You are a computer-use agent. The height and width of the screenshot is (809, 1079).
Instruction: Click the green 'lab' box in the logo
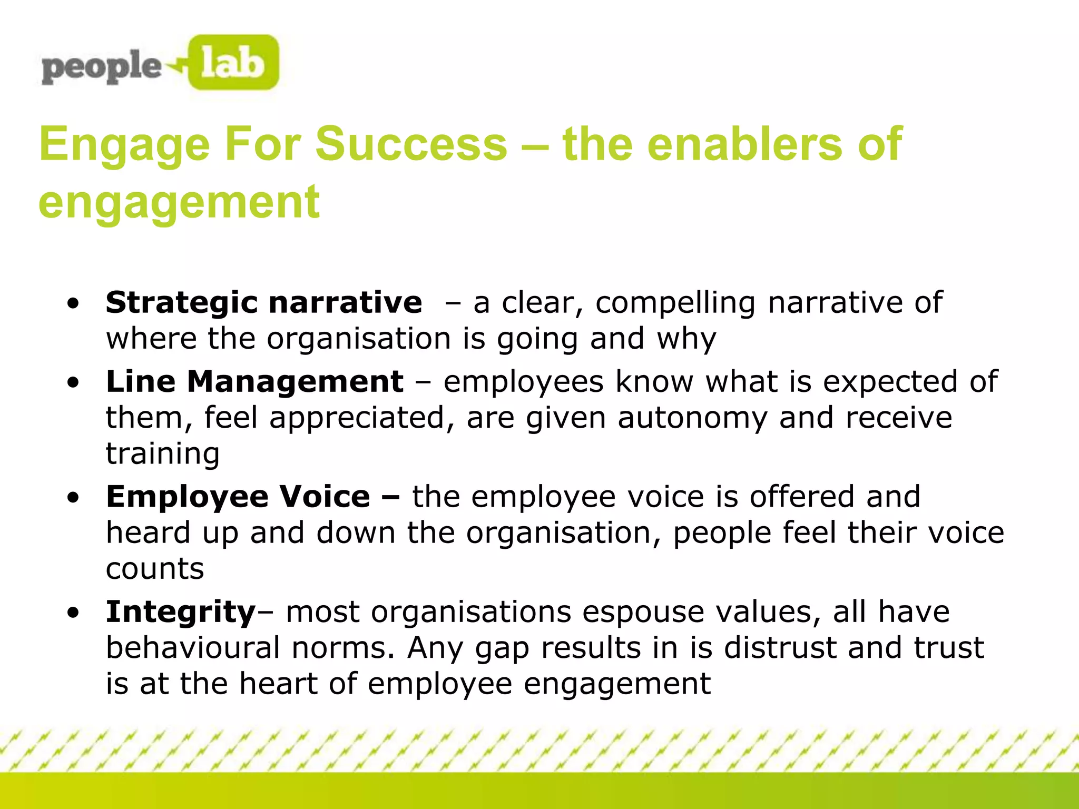[232, 63]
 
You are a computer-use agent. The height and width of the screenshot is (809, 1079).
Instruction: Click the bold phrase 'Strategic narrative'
[263, 303]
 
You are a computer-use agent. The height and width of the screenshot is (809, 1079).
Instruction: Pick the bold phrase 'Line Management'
[254, 381]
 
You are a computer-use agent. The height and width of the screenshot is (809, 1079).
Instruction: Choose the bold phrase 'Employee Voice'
[238, 497]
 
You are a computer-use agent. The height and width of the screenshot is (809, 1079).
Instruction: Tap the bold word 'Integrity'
[181, 612]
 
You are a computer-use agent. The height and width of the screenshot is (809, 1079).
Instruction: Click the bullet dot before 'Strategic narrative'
[73, 304]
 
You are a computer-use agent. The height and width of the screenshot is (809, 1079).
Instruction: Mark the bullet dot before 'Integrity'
[73, 613]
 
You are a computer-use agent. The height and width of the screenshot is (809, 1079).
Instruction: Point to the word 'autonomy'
[692, 418]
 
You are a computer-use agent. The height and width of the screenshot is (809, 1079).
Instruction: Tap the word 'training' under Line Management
[163, 453]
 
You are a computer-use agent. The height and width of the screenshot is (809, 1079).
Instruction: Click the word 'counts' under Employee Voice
[155, 569]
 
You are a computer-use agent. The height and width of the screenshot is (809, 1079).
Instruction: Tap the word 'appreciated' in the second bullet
[357, 418]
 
